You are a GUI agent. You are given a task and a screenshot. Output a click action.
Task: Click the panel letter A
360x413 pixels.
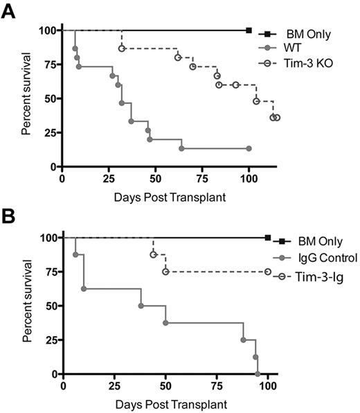10,12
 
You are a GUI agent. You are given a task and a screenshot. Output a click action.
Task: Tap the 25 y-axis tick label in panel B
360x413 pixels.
46,340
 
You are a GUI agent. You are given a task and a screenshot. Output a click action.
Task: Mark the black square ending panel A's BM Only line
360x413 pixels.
249,30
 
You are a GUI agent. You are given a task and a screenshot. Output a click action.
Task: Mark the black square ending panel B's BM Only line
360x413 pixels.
268,238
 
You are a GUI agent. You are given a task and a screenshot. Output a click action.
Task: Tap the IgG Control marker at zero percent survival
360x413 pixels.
258,374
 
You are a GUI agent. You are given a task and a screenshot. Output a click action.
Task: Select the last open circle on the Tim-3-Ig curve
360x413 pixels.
268,272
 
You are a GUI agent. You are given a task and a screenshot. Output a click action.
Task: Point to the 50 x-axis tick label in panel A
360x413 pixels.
156,182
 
